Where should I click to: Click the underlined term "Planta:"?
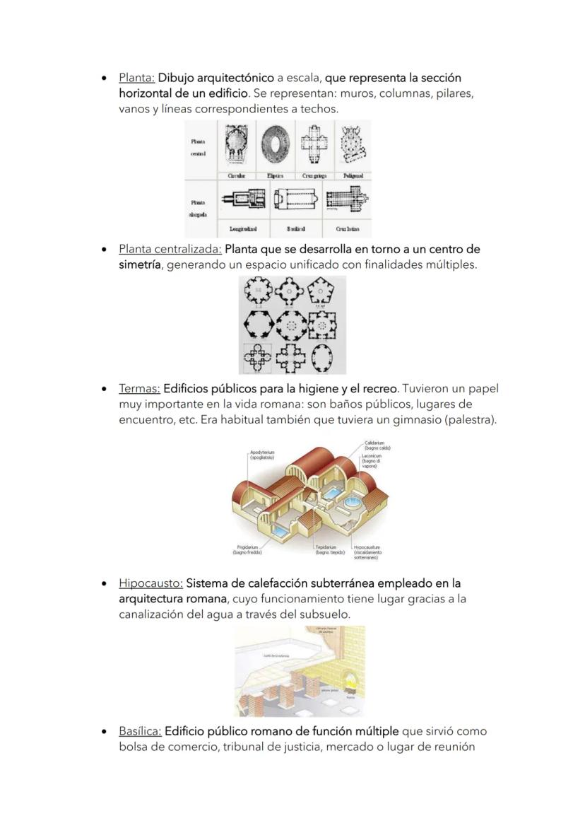click(136, 78)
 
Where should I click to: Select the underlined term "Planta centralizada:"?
click(170, 250)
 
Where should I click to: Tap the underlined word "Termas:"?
click(139, 389)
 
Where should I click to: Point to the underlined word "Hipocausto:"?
click(150, 584)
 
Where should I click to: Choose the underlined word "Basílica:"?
click(140, 731)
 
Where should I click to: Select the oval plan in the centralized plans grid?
click(323, 359)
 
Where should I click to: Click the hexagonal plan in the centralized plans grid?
click(258, 325)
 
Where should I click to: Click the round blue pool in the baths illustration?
click(350, 503)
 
